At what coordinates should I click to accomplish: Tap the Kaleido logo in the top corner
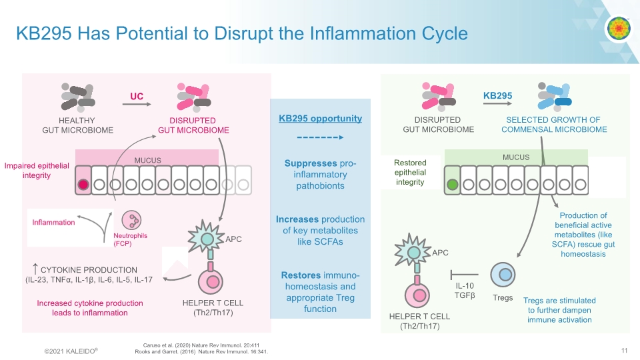point(618,28)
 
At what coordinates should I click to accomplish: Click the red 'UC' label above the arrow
point(137,97)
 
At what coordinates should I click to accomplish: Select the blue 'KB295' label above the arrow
point(497,96)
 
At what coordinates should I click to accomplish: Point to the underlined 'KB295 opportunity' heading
point(320,119)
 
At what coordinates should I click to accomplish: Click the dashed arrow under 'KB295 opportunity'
point(320,137)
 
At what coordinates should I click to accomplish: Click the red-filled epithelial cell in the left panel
point(83,185)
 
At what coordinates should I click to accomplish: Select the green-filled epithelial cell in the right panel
point(453,185)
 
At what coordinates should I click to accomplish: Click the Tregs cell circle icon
point(503,275)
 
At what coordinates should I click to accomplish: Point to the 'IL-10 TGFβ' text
point(465,291)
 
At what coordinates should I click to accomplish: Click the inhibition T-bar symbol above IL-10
point(465,274)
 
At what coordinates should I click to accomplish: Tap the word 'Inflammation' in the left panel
point(54,222)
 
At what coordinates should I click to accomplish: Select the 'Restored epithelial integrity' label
point(410,172)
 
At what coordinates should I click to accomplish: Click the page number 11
point(624,351)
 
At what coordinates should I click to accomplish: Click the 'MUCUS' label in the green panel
point(516,157)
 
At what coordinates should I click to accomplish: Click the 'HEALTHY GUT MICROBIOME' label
point(77,125)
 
